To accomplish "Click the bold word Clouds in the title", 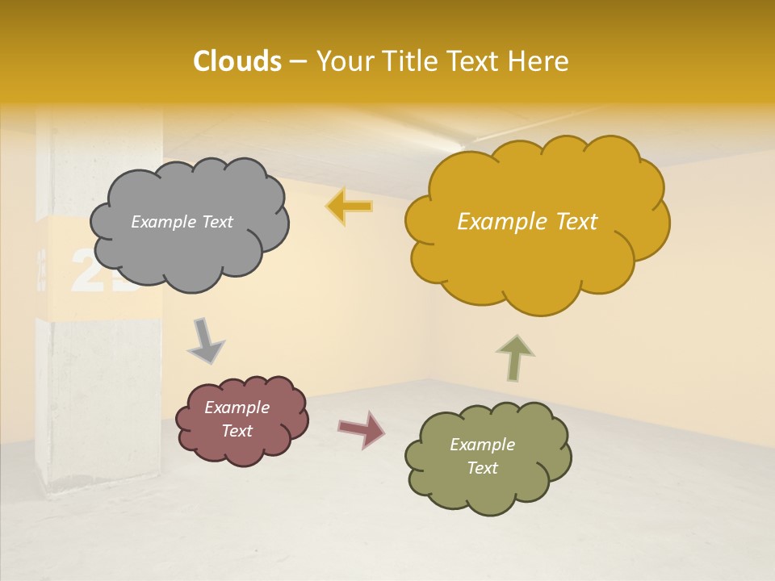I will (237, 61).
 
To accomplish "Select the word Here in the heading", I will (538, 61).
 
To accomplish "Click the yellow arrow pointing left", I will (350, 207).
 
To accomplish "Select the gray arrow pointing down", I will (206, 341).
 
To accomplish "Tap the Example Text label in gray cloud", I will (182, 222).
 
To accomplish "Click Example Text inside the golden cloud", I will (527, 222).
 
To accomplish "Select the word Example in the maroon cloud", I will (237, 408).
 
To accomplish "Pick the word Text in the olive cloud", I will (482, 468).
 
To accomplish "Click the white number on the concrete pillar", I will (101, 270).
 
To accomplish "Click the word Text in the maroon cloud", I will (237, 431).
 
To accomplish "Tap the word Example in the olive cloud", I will (482, 445).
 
